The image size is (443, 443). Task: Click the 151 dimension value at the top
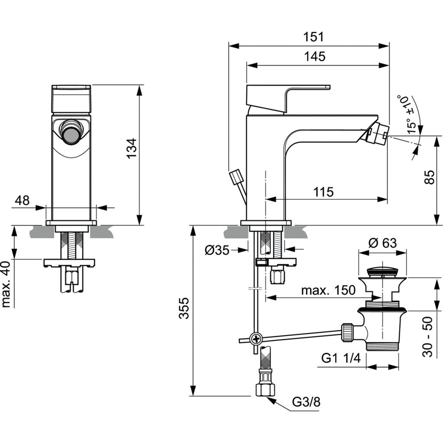click(x=313, y=37)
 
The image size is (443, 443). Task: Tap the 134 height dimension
click(x=131, y=148)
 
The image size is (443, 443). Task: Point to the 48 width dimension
click(x=22, y=200)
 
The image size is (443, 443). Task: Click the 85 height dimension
click(x=429, y=177)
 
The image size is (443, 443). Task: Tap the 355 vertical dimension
click(x=184, y=308)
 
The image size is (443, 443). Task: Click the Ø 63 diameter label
click(x=382, y=243)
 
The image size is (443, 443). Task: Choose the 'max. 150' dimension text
click(x=328, y=290)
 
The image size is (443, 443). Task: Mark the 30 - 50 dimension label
click(x=428, y=337)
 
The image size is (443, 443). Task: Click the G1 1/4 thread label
click(x=341, y=358)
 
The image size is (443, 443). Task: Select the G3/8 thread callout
click(x=306, y=402)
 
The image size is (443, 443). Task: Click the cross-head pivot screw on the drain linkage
click(x=256, y=338)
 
